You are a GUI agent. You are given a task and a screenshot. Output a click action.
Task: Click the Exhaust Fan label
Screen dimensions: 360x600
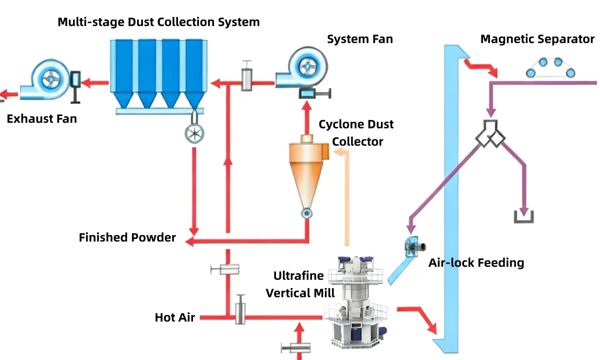[42, 119]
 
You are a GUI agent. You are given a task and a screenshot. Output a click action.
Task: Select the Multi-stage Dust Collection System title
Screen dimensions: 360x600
[158, 22]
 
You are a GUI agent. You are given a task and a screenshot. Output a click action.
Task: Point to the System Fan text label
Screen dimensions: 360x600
[359, 39]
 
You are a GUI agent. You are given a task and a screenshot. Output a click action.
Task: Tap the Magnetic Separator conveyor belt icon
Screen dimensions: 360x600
[550, 67]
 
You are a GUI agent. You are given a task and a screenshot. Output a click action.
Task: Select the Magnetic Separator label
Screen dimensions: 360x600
[537, 39]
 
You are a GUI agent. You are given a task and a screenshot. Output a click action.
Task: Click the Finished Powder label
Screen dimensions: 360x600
[127, 237]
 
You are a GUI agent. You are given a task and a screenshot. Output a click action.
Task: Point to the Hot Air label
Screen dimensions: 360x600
[174, 317]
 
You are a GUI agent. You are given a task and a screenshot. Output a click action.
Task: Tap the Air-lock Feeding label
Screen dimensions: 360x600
[476, 262]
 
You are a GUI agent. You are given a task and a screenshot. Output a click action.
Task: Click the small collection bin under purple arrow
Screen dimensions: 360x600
[523, 216]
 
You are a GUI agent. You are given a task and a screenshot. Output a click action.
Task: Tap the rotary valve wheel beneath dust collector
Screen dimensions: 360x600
[194, 133]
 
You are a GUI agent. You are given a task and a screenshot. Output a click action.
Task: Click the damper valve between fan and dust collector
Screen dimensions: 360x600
[247, 76]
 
